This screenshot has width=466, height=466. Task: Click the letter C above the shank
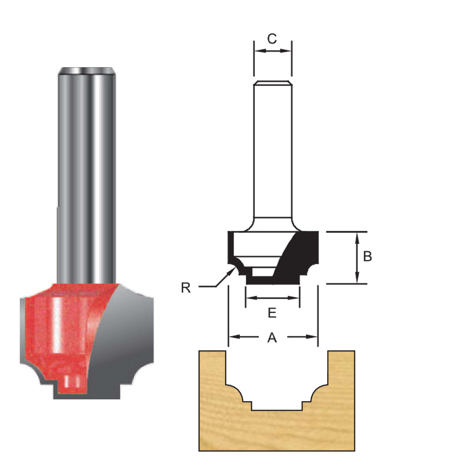tap(272, 39)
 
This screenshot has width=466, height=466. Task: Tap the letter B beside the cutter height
tap(367, 256)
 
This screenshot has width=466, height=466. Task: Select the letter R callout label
tap(186, 288)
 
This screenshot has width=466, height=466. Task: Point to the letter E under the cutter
tap(272, 313)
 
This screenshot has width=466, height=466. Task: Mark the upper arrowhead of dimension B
tap(357, 236)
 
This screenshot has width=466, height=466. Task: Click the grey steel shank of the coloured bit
tap(86, 177)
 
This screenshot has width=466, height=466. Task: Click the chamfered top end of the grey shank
tap(86, 71)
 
